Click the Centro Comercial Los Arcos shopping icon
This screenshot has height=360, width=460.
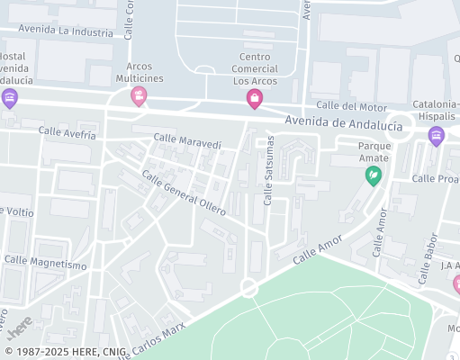pyautogui.click(x=255, y=99)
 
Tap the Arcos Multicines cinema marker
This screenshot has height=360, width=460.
pyautogui.click(x=139, y=94)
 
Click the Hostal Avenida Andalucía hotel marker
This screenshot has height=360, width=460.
pyautogui.click(x=10, y=98)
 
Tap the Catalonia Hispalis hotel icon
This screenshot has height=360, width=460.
pyautogui.click(x=437, y=136)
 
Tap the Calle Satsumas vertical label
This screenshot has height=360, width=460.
pyautogui.click(x=268, y=172)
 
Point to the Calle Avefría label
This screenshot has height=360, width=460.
pyautogui.click(x=67, y=132)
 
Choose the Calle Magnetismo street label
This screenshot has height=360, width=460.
pyautogui.click(x=46, y=264)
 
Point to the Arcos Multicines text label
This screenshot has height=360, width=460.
pyautogui.click(x=139, y=72)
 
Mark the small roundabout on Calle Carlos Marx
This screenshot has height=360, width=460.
pyautogui.click(x=248, y=288)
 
